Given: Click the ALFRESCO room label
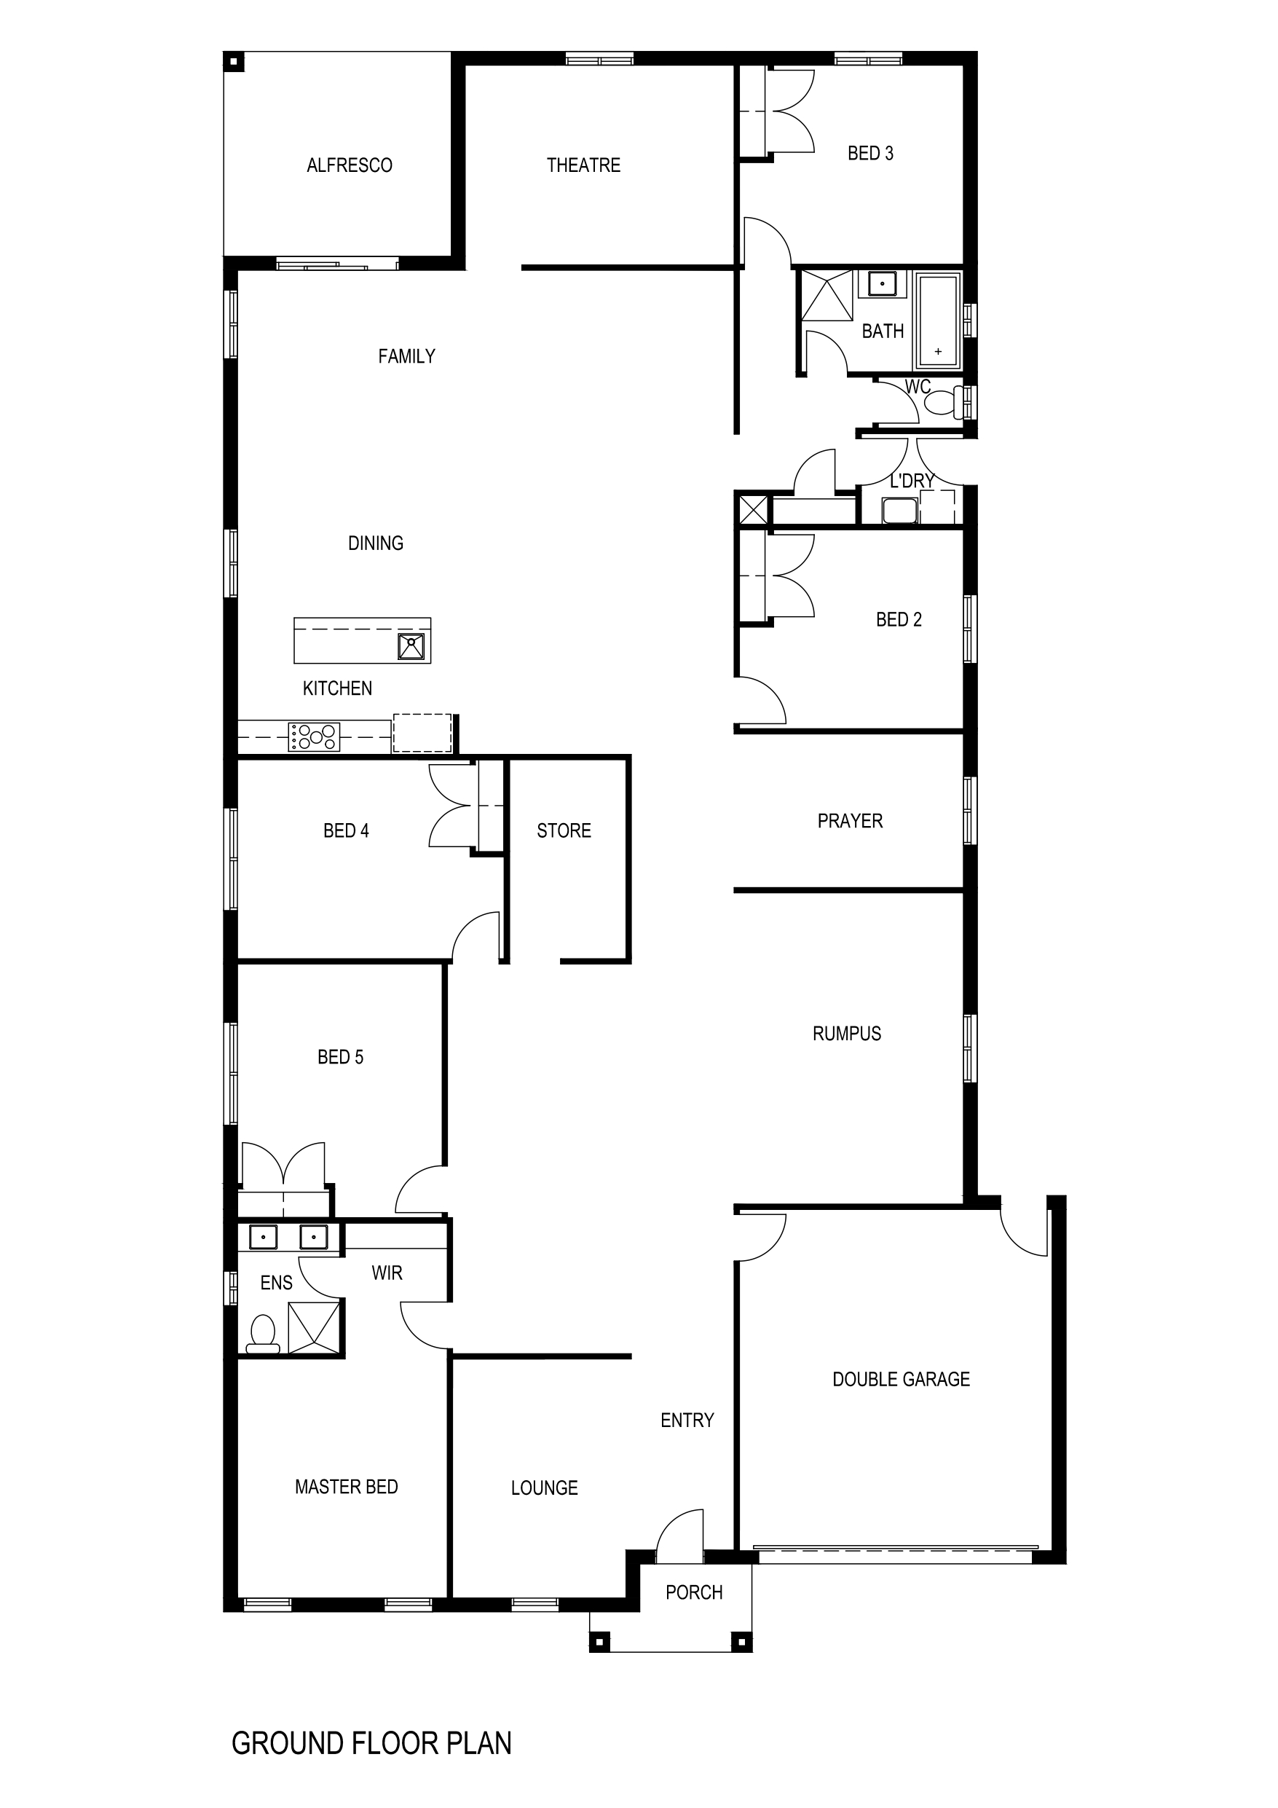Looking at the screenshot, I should [x=349, y=165].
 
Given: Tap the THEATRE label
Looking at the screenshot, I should [x=583, y=165].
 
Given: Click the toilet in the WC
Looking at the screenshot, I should [x=945, y=403].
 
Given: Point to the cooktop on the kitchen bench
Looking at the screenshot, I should [x=314, y=736].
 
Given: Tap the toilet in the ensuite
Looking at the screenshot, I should [x=263, y=1334].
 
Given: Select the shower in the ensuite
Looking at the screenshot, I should [x=314, y=1328].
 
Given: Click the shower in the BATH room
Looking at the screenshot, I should [x=827, y=295].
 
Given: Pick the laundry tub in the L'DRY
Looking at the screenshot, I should [x=899, y=510].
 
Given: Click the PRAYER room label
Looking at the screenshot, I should [x=850, y=821].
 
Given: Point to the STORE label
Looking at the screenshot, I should [x=564, y=830].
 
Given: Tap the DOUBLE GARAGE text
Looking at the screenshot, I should [x=901, y=1380].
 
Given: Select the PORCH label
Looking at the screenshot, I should [x=694, y=1592].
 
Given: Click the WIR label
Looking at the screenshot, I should [x=387, y=1273].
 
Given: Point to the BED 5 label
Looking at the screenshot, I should [x=340, y=1058].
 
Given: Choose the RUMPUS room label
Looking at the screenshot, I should [x=846, y=1034].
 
